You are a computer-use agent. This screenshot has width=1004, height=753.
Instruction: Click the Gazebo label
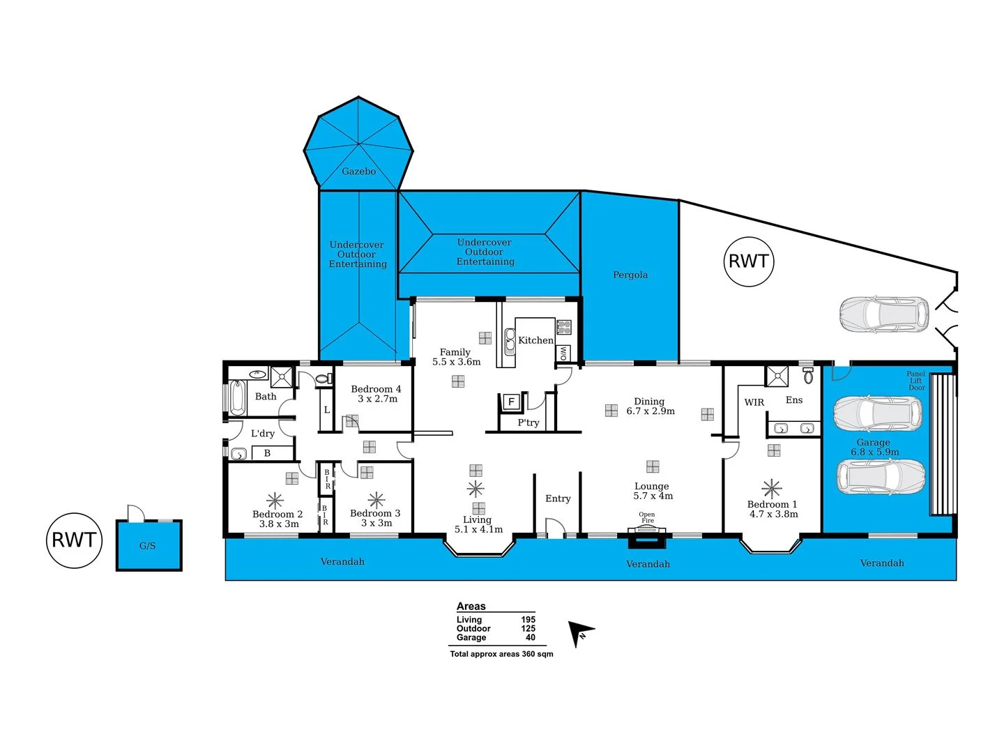click(358, 171)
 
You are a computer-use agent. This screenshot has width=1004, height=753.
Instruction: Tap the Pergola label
click(630, 275)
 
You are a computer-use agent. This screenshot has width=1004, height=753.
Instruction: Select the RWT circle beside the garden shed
click(74, 540)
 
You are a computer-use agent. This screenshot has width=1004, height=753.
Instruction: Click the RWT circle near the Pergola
click(749, 261)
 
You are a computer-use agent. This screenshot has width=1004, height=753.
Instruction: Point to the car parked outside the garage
click(884, 314)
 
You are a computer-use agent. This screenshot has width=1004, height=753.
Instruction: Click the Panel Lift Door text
click(916, 381)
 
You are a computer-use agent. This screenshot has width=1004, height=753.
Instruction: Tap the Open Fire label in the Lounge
click(647, 517)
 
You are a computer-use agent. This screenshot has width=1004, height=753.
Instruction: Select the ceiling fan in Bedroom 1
click(772, 489)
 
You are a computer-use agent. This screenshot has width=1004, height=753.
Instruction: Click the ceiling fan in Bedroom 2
click(275, 501)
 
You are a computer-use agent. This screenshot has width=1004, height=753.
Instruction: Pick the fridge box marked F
click(511, 402)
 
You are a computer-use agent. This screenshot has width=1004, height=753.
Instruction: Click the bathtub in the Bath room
click(236, 397)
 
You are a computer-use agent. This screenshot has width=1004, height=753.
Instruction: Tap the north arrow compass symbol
click(581, 633)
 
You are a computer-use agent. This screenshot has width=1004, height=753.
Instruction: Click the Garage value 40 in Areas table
click(530, 637)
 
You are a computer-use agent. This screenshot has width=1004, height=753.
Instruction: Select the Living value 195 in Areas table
click(528, 620)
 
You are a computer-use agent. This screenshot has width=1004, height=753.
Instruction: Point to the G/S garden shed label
click(147, 546)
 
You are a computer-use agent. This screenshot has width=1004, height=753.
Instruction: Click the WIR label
click(754, 402)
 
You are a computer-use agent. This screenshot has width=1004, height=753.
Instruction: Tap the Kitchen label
click(535, 340)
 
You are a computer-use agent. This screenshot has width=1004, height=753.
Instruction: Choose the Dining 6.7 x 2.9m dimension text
click(651, 411)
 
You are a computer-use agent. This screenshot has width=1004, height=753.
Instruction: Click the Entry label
click(558, 499)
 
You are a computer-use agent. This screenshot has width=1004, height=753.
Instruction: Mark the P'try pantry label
click(528, 423)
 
